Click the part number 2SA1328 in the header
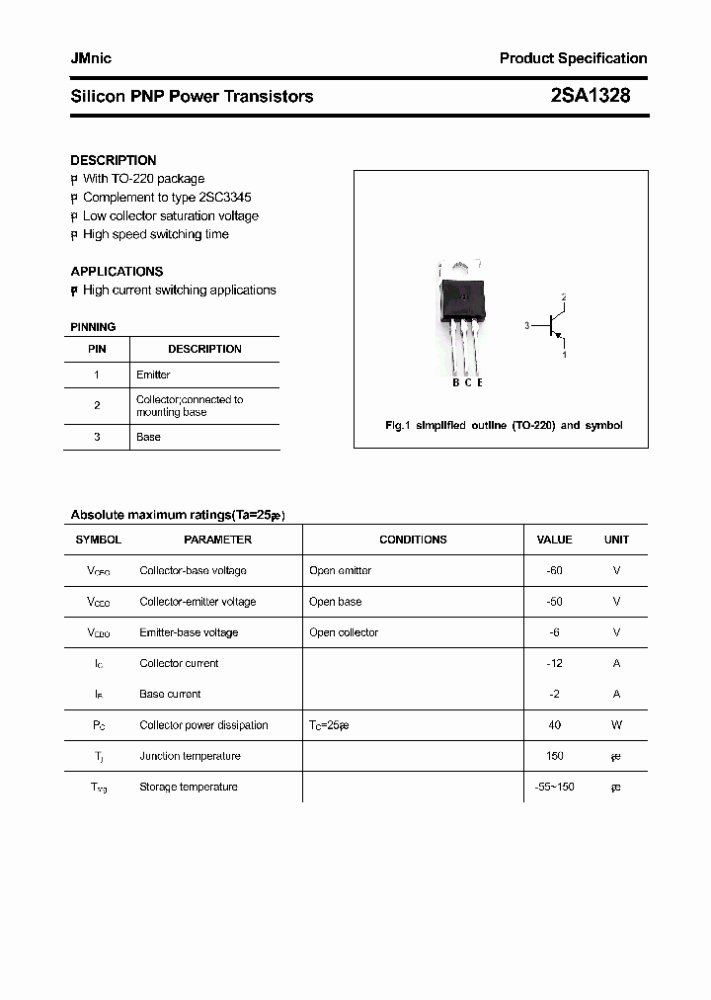pyautogui.click(x=590, y=96)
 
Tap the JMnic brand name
pyautogui.click(x=91, y=58)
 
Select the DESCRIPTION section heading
pyautogui.click(x=113, y=160)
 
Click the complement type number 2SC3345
pyautogui.click(x=225, y=198)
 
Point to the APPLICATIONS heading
pyautogui.click(x=117, y=272)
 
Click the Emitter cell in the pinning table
pyautogui.click(x=153, y=375)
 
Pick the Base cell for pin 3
pyautogui.click(x=148, y=437)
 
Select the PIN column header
pyautogui.click(x=97, y=349)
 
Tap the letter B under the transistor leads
pyautogui.click(x=456, y=382)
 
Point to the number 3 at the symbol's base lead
pyautogui.click(x=527, y=325)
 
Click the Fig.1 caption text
pyautogui.click(x=503, y=425)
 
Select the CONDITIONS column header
pyautogui.click(x=413, y=540)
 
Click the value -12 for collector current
pyautogui.click(x=554, y=663)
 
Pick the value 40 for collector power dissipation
pyautogui.click(x=554, y=725)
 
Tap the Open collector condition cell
pyautogui.click(x=344, y=632)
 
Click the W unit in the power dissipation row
pyautogui.click(x=616, y=725)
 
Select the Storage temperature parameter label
pyautogui.click(x=189, y=787)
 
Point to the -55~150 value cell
pyautogui.click(x=554, y=787)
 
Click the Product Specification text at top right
pyautogui.click(x=573, y=58)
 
